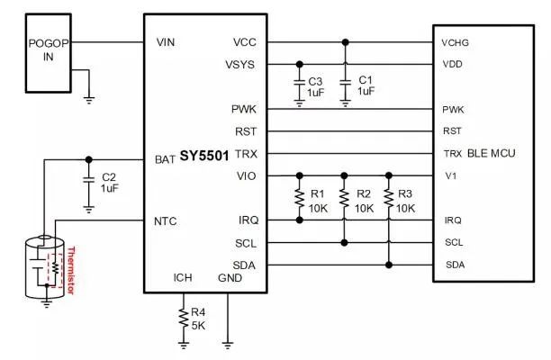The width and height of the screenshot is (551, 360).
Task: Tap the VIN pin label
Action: tap(166, 41)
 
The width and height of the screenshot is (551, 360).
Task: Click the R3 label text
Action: tap(406, 193)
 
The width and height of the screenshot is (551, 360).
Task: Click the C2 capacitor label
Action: tap(110, 176)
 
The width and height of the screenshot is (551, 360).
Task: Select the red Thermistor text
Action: tap(73, 269)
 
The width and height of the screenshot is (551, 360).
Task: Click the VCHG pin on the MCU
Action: tap(454, 42)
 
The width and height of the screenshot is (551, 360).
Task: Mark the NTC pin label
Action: tap(166, 220)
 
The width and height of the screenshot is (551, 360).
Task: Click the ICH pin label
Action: tap(184, 277)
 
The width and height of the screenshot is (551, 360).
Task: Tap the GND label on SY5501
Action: tap(230, 277)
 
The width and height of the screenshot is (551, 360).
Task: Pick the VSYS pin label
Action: tap(240, 65)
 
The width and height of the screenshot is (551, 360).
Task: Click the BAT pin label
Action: tap(165, 159)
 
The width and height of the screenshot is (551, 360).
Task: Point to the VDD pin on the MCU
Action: tap(452, 65)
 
